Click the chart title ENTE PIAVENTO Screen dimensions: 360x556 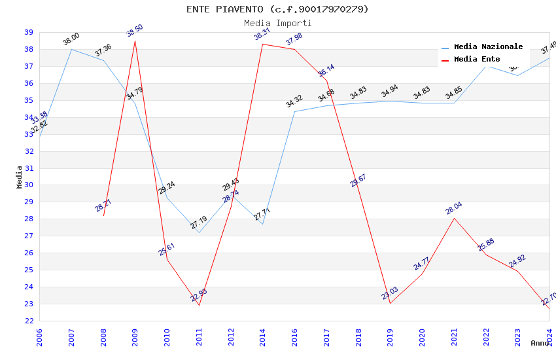pos(277,9)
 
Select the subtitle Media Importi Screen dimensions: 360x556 pos(277,23)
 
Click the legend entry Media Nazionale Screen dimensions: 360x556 pos(488,47)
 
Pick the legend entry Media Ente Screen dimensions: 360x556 pos(477,59)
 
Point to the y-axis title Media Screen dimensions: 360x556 pos(19,177)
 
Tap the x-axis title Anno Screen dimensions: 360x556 pos(540,343)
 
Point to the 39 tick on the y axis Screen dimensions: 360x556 pos(29,32)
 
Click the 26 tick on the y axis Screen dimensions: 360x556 pos(29,253)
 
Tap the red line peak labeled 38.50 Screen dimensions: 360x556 pos(135,41)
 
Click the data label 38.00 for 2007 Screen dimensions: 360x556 pos(71,39)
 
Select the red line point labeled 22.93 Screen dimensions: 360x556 pos(199,304)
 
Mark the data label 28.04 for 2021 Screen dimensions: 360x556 pos(454,209)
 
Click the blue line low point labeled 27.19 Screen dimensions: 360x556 pos(199,232)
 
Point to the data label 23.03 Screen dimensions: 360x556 pos(390,293)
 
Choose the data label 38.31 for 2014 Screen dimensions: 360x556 pos(262,35)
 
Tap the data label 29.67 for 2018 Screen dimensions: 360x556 pos(358,181)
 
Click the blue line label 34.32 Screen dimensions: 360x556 pos(294,101)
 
